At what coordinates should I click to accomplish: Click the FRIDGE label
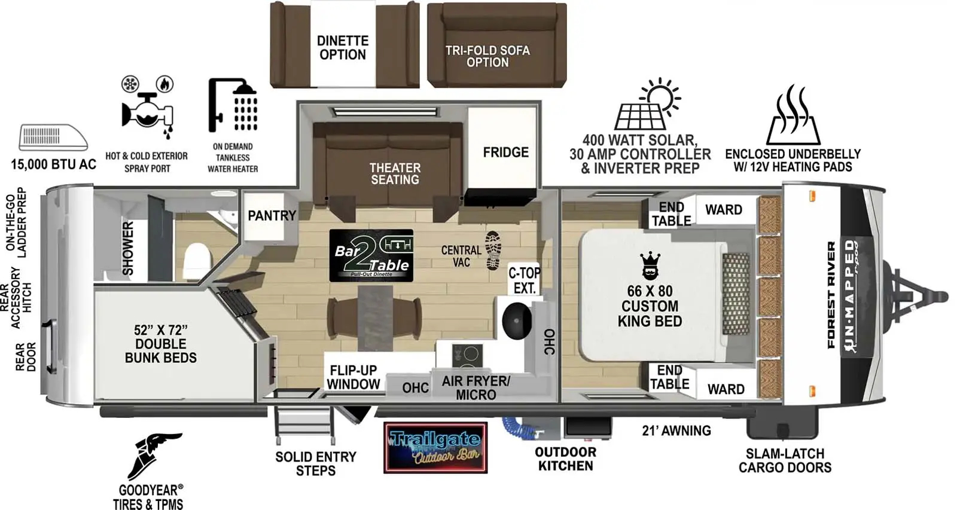pos(505,152)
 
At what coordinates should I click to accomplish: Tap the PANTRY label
pos(272,215)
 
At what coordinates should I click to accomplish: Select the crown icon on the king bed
pos(650,265)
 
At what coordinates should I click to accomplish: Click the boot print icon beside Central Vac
pos(493,250)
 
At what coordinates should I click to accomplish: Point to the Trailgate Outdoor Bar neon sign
pos(435,448)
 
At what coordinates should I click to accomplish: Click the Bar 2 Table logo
pos(371,256)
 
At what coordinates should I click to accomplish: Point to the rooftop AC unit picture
pos(53,138)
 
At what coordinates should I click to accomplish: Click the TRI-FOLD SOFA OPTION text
pos(487,56)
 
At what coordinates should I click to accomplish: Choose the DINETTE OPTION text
pos(342,48)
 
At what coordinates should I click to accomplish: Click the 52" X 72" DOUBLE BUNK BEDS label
pos(160,344)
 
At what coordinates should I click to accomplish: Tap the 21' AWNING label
pos(676,430)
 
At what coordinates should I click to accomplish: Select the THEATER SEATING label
pos(395,173)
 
